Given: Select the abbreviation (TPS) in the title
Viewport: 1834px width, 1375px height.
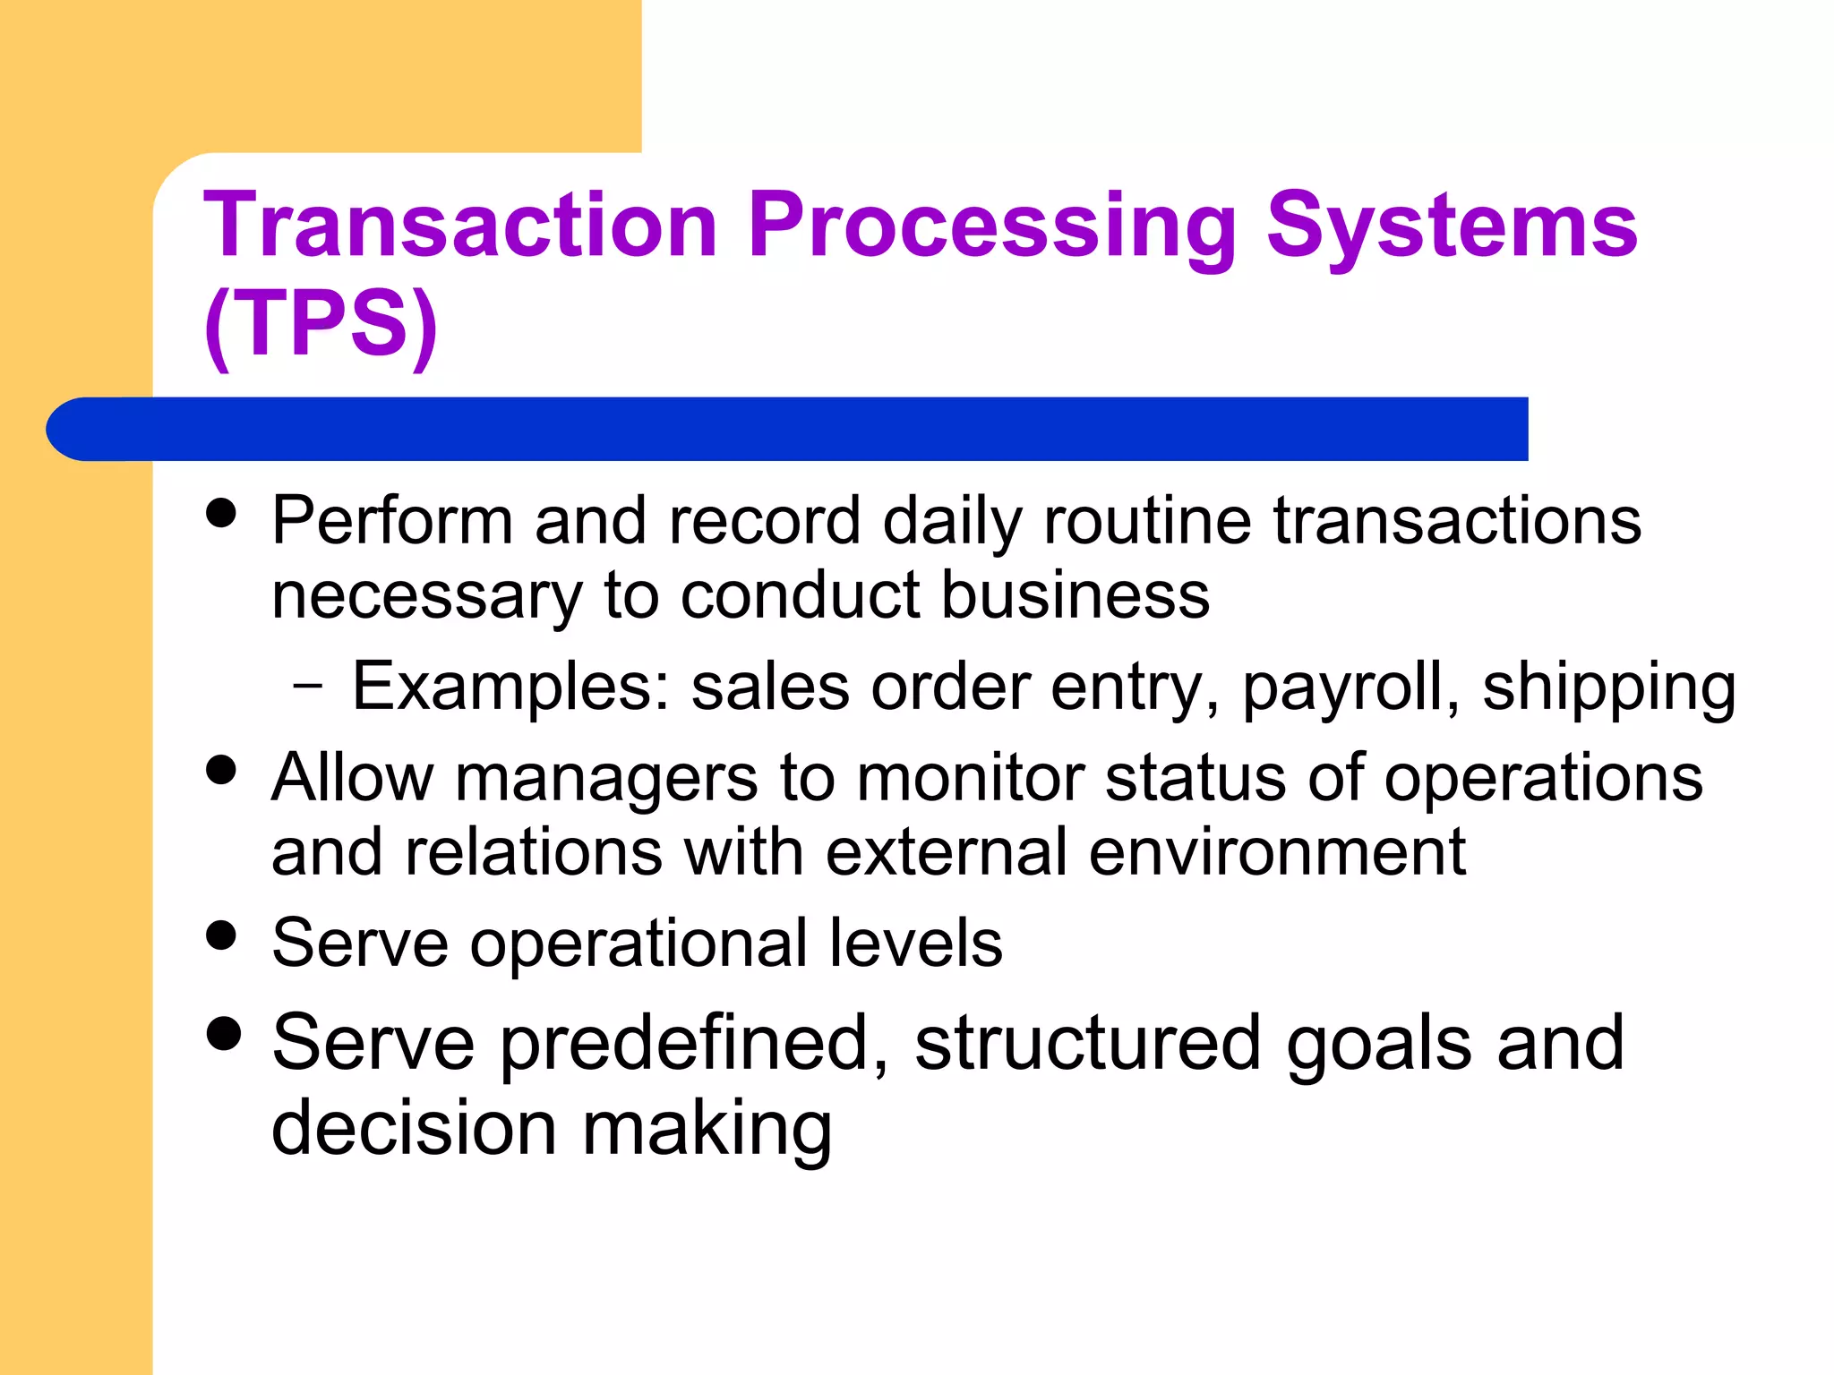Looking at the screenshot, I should coord(321,324).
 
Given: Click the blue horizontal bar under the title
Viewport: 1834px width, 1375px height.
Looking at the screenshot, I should coord(788,429).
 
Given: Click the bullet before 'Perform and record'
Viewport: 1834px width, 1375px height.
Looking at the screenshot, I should coord(221,513).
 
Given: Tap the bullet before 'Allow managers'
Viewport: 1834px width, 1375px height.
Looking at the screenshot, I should coord(221,770).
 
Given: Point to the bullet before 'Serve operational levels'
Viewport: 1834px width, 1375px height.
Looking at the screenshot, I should coord(221,935).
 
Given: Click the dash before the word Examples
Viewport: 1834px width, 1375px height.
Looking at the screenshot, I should coord(307,687).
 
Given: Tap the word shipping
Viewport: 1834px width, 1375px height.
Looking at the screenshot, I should coord(1608,688).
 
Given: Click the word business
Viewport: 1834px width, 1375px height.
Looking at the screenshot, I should coord(1076,595).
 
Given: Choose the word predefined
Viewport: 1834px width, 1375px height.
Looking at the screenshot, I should coord(693,1043).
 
